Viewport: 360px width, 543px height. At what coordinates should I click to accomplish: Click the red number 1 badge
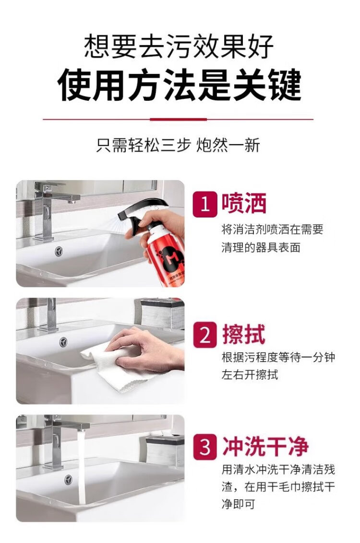click(205, 205)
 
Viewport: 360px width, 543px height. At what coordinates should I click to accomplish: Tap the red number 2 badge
click(205, 335)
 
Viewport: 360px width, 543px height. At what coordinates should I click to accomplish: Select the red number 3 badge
click(205, 446)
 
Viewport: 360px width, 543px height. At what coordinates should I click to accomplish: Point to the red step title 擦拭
click(244, 334)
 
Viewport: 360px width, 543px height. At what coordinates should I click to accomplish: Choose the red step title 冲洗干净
click(265, 446)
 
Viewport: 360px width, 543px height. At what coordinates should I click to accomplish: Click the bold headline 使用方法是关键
click(180, 85)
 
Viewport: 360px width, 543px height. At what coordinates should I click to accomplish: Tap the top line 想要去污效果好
click(180, 46)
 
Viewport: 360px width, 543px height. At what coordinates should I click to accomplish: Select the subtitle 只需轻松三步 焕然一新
click(178, 145)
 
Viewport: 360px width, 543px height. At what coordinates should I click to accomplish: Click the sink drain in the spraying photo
click(59, 251)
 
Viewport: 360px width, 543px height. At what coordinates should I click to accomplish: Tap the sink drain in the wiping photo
click(63, 342)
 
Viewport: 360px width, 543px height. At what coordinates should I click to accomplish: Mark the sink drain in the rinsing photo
click(69, 480)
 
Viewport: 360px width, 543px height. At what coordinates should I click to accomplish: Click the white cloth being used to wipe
click(114, 367)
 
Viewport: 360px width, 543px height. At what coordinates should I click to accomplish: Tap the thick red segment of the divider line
click(178, 120)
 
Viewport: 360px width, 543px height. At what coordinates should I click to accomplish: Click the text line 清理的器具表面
click(261, 248)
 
